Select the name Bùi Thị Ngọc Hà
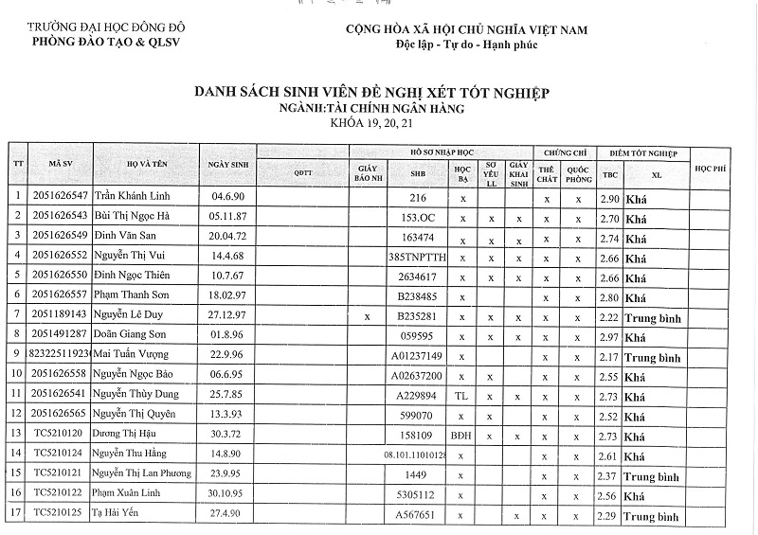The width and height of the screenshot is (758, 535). click(131, 216)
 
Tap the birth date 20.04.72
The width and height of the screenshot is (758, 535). click(228, 237)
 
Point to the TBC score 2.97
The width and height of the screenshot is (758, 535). click(610, 337)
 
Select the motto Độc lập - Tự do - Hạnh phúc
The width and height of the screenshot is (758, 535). click(464, 45)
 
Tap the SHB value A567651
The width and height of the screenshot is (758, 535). click(418, 516)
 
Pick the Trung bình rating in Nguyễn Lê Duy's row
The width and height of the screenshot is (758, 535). click(653, 316)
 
